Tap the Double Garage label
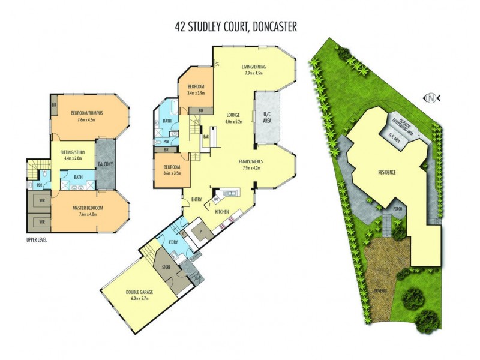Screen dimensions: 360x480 click(139, 292)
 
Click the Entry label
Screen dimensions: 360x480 click(197, 200)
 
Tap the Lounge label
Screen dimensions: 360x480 click(233, 115)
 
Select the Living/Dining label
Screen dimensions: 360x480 click(254, 67)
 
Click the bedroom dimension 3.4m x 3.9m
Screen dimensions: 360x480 click(196, 93)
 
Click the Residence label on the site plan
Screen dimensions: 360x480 click(387, 172)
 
